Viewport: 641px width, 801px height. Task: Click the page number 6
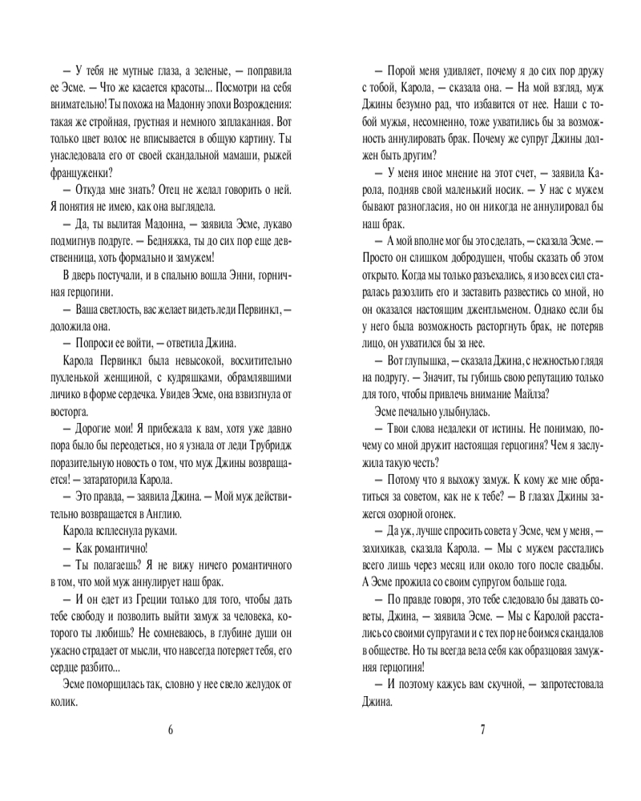pos(171,729)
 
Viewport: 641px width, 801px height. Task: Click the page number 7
pos(482,729)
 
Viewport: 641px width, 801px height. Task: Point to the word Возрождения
pos(263,105)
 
